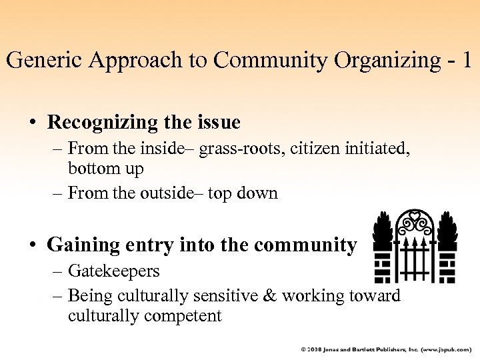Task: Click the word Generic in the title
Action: pos(45,60)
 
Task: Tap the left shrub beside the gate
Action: pos(383,231)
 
